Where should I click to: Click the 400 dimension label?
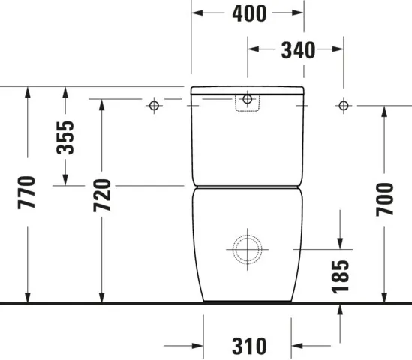(x=248, y=13)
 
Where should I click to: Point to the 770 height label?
(x=27, y=194)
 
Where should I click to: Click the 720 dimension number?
(x=102, y=195)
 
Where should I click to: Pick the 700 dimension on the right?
(x=385, y=199)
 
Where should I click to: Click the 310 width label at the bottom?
(x=248, y=346)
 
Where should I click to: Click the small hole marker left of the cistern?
(x=154, y=105)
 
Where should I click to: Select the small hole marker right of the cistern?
(x=343, y=105)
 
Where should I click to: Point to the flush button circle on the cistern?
(x=247, y=99)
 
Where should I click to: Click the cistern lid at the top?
(x=247, y=90)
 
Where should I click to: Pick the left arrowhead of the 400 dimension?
(x=197, y=13)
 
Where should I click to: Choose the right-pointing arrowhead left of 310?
(x=198, y=346)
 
